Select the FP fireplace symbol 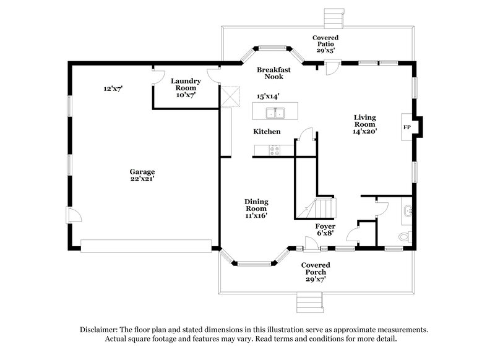407,127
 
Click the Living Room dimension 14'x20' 365,131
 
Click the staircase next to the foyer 317,209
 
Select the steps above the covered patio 333,17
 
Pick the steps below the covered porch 304,303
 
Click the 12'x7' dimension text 113,89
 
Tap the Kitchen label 267,132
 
